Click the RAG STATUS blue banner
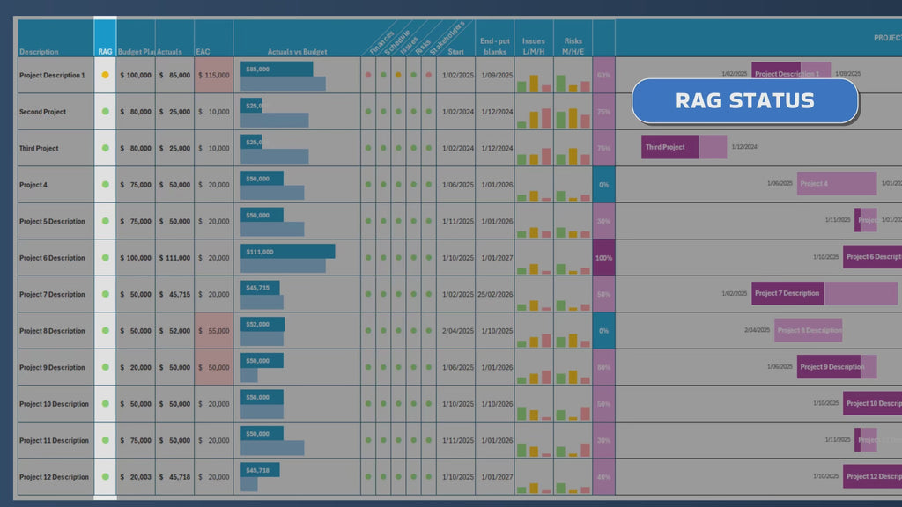[x=745, y=100]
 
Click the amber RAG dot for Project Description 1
[x=105, y=76]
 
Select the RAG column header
[x=105, y=52]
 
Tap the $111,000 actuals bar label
[x=260, y=252]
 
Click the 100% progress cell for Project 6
[x=603, y=258]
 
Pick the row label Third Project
[x=39, y=149]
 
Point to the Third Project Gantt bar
[x=669, y=147]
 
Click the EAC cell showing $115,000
[x=214, y=76]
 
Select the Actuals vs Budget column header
[x=297, y=52]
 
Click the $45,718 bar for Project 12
[x=259, y=470]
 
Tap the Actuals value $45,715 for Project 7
[x=174, y=295]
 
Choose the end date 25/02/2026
[x=495, y=295]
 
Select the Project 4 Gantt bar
[x=836, y=184]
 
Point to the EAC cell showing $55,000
[x=214, y=331]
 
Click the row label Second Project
[x=42, y=112]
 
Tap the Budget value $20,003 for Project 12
[x=136, y=477]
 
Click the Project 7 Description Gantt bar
[x=787, y=294]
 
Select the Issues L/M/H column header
[x=534, y=46]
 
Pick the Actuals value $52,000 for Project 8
[x=174, y=331]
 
